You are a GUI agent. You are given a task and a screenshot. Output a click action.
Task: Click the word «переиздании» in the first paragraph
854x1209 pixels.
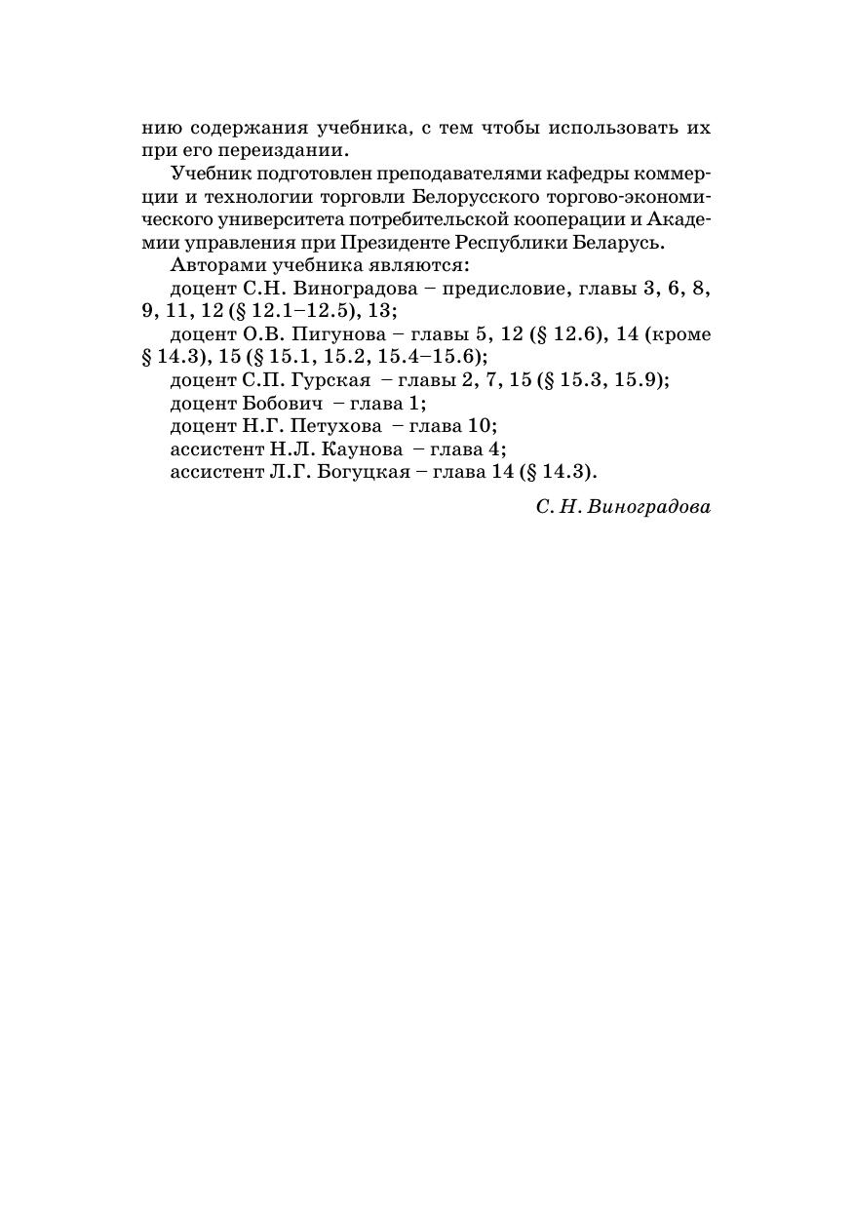tap(291, 151)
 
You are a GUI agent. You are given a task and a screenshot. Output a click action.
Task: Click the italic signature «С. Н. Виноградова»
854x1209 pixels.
tap(623, 508)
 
